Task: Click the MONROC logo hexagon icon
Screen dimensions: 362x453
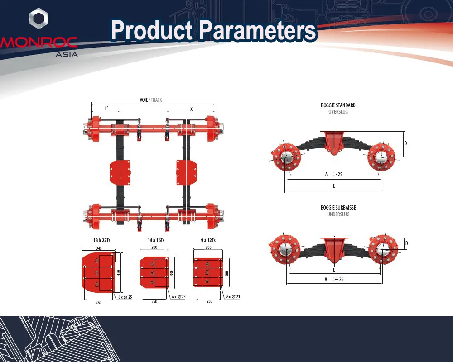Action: coord(39,19)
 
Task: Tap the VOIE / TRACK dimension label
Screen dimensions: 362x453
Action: coord(151,100)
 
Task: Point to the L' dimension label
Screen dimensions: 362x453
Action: coord(106,109)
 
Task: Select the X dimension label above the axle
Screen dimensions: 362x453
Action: coord(191,109)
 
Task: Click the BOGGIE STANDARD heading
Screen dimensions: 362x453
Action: coord(338,105)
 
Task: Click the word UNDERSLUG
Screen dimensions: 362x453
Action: coord(338,214)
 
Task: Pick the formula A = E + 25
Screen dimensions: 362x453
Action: coord(334,279)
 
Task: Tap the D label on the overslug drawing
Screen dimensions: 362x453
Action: coord(405,143)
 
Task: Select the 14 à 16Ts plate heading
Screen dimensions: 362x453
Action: coord(156,241)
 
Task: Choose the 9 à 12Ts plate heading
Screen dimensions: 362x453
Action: coord(208,241)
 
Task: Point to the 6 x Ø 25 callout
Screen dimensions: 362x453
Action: coord(125,297)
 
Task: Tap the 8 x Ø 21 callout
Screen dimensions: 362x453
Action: coord(233,296)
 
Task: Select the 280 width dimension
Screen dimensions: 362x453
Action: coord(99,302)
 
